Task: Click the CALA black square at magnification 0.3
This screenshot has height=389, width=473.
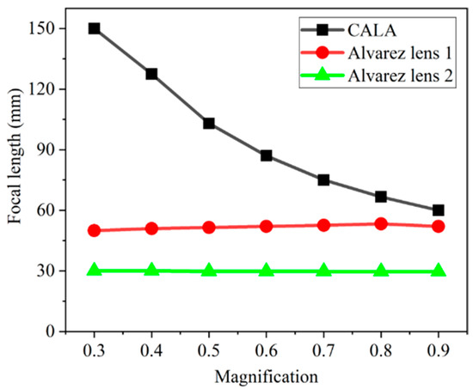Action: [94, 28]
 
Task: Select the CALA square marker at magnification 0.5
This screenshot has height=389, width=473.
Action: [209, 124]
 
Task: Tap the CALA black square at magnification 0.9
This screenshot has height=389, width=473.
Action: [439, 210]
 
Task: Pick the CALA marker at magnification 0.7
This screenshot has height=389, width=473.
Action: [323, 180]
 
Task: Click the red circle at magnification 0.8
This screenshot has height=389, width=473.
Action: [381, 224]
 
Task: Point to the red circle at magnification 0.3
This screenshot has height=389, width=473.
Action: [94, 230]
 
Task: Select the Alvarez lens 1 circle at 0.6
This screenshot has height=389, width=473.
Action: [266, 227]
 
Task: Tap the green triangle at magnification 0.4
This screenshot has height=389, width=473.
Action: [151, 270]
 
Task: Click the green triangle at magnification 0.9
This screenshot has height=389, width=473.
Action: [439, 270]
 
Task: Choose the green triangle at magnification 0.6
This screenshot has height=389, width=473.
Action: [266, 270]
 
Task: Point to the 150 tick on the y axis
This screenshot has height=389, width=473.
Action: [49, 28]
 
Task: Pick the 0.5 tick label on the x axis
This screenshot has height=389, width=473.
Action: [209, 351]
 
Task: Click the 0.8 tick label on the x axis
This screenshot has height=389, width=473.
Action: [381, 351]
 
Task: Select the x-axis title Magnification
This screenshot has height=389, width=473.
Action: [266, 375]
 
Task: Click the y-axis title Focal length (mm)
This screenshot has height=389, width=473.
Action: [15, 179]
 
